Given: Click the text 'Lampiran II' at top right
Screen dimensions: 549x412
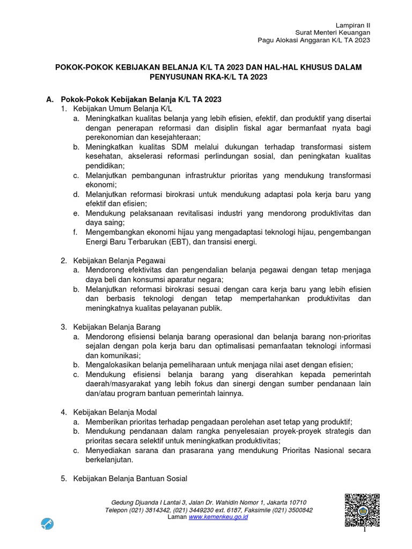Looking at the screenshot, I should pyautogui.click(x=352, y=25).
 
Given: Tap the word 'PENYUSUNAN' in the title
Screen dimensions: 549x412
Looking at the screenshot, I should pyautogui.click(x=178, y=77).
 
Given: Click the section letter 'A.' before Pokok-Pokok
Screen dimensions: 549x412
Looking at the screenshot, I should pyautogui.click(x=50, y=100).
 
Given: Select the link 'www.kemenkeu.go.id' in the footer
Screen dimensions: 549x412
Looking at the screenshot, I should pyautogui.click(x=218, y=517).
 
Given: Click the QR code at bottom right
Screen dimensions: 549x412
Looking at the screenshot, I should pyautogui.click(x=362, y=510).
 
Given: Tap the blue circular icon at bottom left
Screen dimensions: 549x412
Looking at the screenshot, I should pyautogui.click(x=47, y=524).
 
